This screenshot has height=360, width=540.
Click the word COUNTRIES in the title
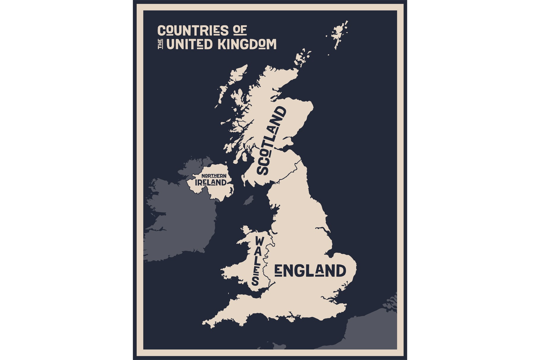[193, 31]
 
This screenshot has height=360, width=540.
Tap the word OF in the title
[240, 31]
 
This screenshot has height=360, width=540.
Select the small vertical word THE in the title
[160, 45]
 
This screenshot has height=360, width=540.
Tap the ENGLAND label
[310, 271]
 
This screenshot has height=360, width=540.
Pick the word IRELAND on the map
[210, 183]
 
